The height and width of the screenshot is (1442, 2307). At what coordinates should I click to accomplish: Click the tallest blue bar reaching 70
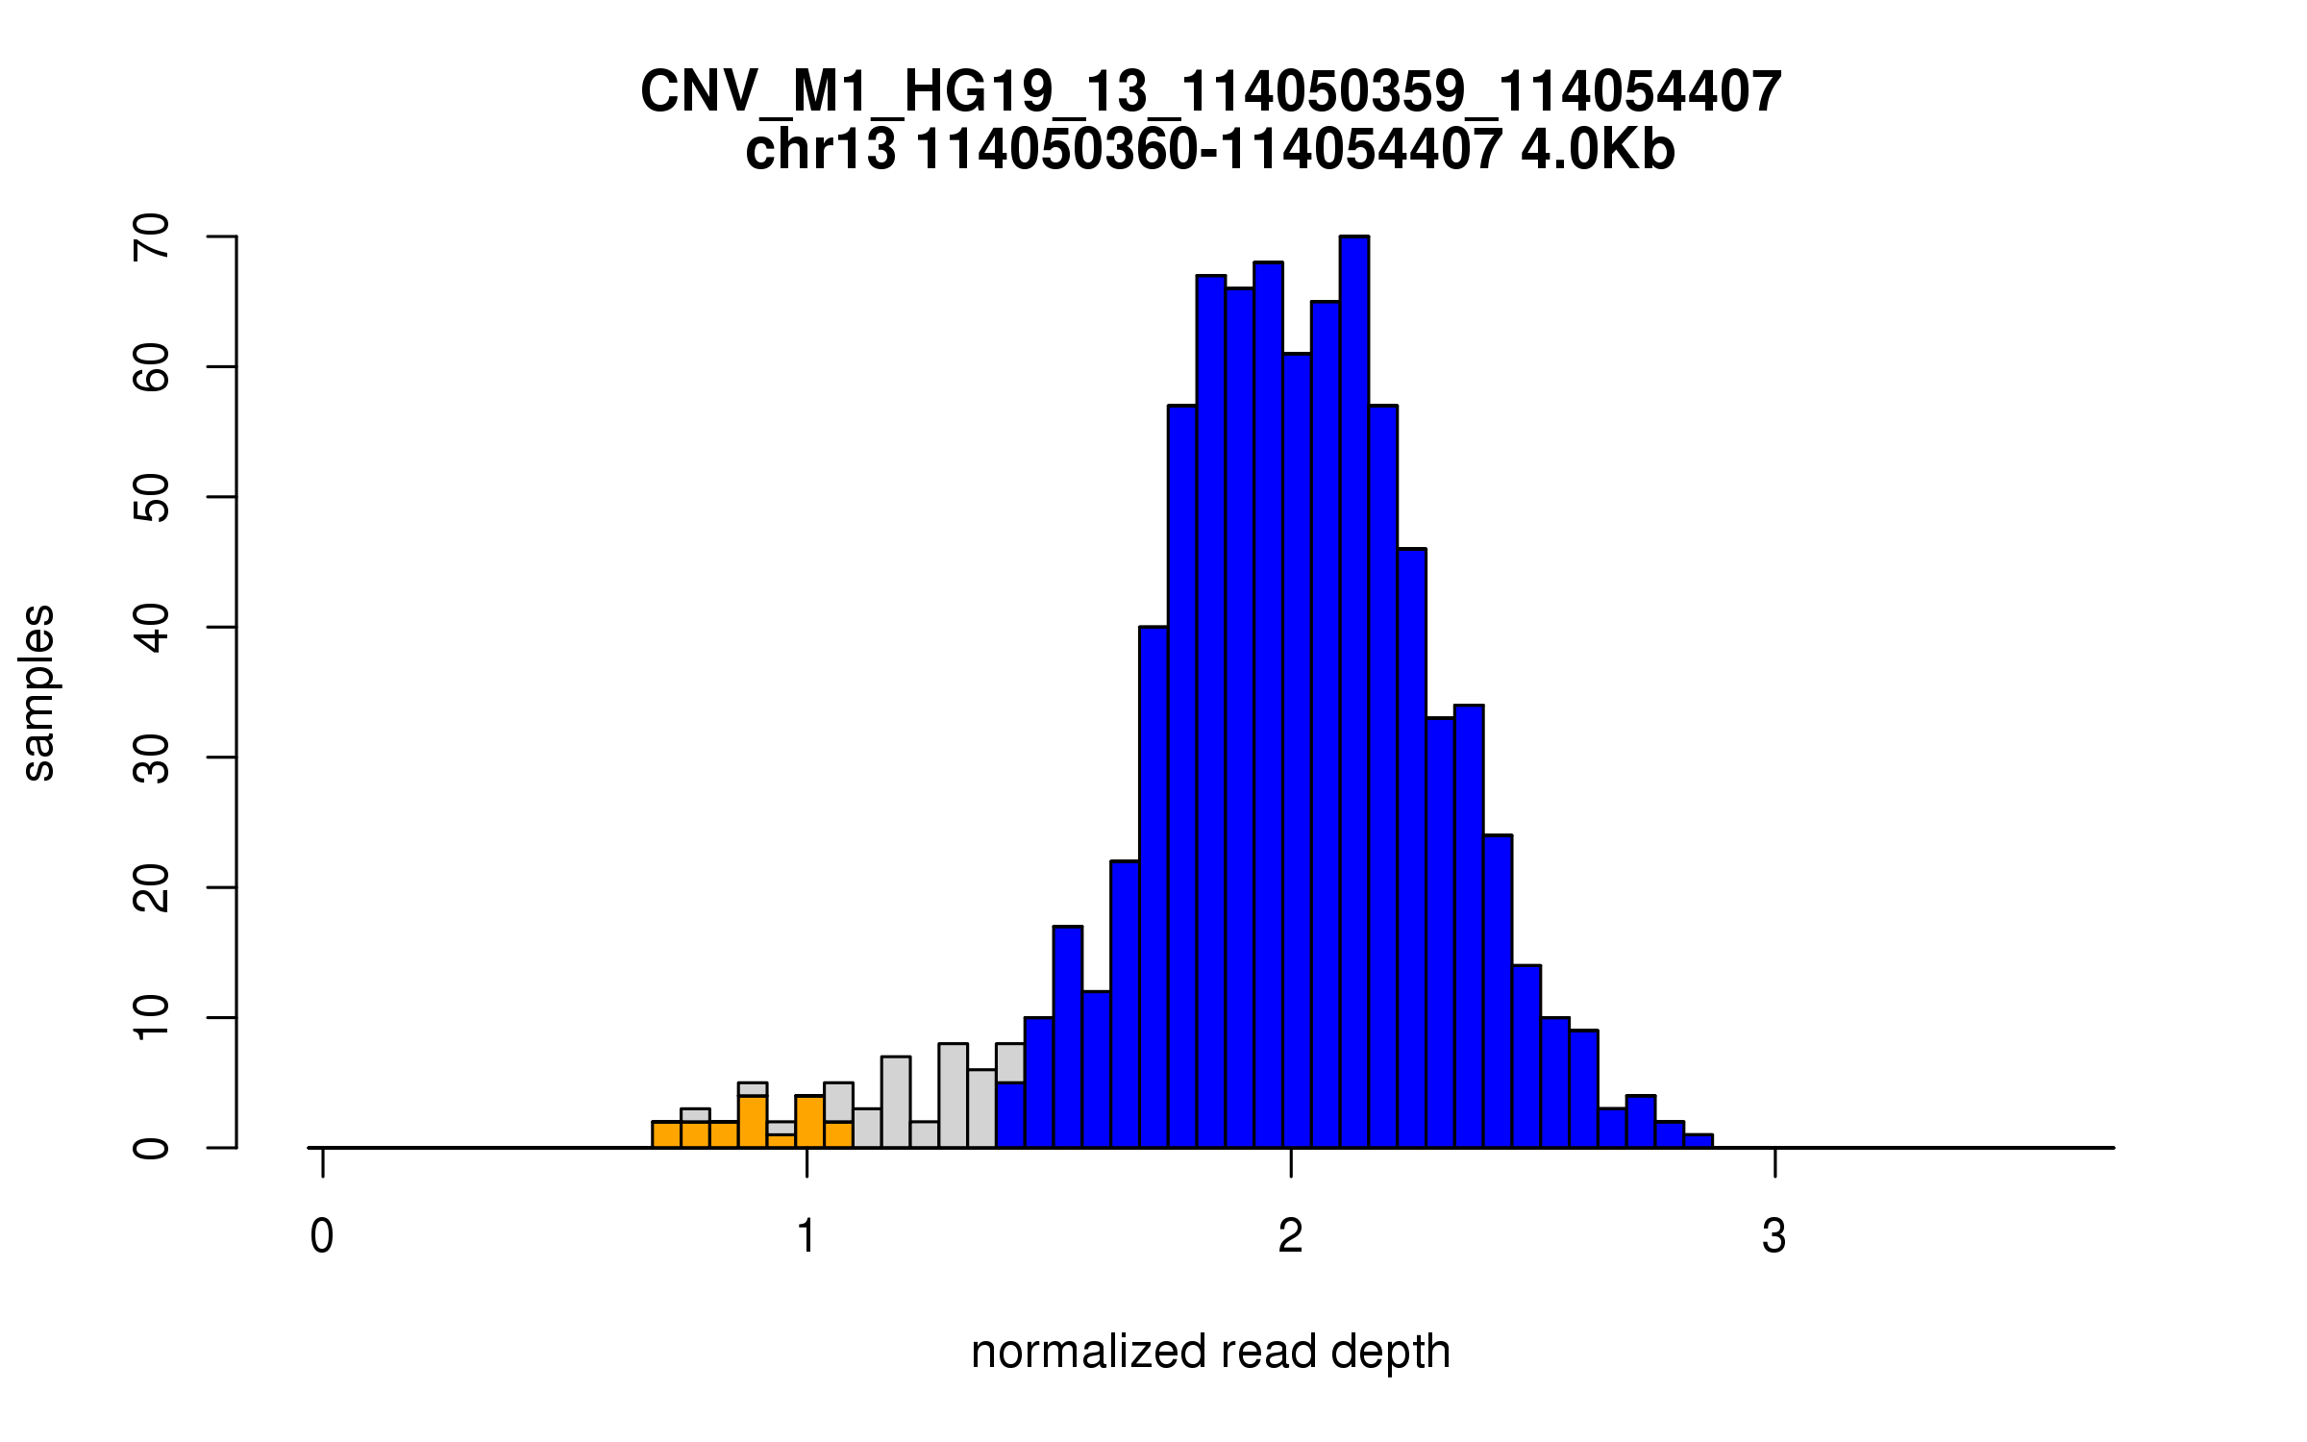point(1353,692)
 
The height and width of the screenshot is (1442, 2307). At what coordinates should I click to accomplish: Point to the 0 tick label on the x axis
point(322,1236)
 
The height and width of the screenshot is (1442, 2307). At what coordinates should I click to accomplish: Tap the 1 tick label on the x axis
point(806,1236)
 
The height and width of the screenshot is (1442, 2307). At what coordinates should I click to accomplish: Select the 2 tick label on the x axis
point(1291,1236)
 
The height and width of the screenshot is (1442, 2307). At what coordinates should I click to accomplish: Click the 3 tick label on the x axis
point(1774,1236)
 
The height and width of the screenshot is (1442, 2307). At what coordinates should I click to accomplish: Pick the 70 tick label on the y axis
point(152,236)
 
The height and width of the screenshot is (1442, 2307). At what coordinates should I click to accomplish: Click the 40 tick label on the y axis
point(152,627)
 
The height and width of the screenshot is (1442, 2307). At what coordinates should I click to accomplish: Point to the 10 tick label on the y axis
point(152,1017)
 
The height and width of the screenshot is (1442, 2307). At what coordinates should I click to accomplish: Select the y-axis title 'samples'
point(38,692)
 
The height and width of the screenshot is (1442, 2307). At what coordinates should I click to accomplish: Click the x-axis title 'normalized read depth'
point(1210,1352)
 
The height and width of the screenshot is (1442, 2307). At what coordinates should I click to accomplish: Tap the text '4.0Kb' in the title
point(1598,150)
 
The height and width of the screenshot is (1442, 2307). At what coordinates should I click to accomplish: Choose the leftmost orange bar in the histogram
point(666,1134)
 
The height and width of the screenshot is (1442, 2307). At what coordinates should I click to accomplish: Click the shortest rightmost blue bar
point(1699,1141)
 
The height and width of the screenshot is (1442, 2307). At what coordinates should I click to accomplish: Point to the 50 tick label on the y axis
point(152,497)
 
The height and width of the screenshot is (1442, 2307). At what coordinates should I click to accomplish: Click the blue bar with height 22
point(1125,1004)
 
